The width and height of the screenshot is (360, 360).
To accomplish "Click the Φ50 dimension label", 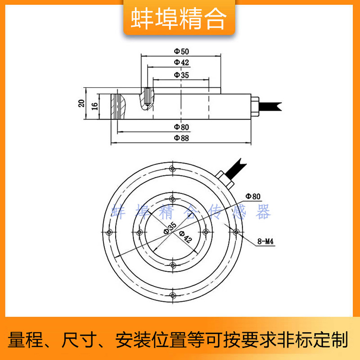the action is pyautogui.click(x=181, y=51).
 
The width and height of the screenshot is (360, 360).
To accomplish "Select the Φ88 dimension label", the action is pyautogui.click(x=181, y=138).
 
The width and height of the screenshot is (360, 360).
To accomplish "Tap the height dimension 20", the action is pyautogui.click(x=81, y=103).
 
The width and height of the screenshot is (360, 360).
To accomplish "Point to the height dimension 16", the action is pyautogui.click(x=94, y=106).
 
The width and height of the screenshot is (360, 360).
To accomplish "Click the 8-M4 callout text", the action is pyautogui.click(x=265, y=241).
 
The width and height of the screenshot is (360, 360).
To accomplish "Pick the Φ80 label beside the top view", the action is pyautogui.click(x=253, y=196).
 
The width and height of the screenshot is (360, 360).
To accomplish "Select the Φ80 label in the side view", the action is pyautogui.click(x=181, y=127).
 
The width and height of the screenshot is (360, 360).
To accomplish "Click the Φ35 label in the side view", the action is pyautogui.click(x=181, y=75).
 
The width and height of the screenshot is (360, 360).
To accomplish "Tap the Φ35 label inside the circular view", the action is pyautogui.click(x=170, y=228).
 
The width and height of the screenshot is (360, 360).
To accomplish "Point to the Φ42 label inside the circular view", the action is pyautogui.click(x=185, y=237).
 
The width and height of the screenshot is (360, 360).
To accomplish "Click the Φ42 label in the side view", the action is pyautogui.click(x=181, y=62).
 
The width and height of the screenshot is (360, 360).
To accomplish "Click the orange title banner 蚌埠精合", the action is pyautogui.click(x=179, y=18).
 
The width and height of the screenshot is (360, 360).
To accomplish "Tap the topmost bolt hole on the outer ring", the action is pyautogui.click(x=173, y=169).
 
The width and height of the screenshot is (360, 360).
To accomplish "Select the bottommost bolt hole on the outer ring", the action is pyautogui.click(x=173, y=296).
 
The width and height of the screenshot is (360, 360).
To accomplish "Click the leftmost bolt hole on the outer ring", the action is pyautogui.click(x=109, y=232).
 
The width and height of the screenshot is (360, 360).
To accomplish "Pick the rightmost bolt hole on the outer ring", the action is pyautogui.click(x=236, y=232).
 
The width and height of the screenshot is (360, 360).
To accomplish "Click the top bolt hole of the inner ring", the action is pyautogui.click(x=173, y=198).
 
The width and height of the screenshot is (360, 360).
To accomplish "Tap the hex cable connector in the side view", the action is pyautogui.click(x=255, y=107).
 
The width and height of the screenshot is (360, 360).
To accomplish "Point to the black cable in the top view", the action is pyautogui.click(x=235, y=167).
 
